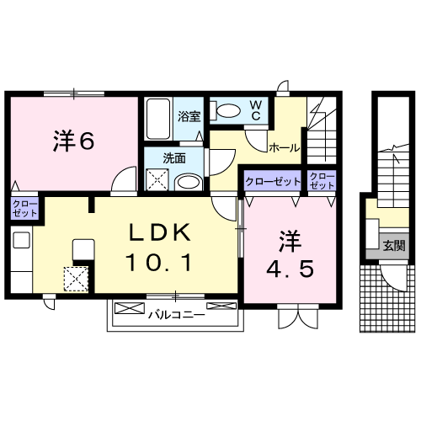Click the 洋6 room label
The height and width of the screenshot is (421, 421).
tap(73, 141)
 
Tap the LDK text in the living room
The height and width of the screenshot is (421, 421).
tap(160, 232)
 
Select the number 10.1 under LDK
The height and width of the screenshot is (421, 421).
tap(159, 262)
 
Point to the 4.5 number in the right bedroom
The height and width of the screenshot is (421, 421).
tap(290, 269)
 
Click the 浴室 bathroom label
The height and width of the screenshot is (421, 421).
tap(189, 116)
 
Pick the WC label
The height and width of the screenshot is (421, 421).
tap(256, 110)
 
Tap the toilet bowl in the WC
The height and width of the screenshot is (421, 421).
tap(226, 110)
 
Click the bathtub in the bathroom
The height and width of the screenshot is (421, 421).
tap(158, 119)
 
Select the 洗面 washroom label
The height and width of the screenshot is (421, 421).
tap(174, 158)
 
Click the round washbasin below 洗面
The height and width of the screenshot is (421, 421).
tap(189, 183)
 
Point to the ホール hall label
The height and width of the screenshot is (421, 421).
tap(285, 148)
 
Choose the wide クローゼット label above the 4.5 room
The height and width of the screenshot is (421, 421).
tap(273, 182)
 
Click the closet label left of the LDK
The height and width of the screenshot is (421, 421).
tap(24, 209)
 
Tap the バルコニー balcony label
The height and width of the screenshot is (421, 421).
tap(177, 315)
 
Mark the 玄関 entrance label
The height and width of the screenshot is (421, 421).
tap(394, 246)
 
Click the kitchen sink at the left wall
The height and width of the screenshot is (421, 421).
tap(22, 240)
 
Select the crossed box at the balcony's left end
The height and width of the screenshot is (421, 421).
tap(130, 308)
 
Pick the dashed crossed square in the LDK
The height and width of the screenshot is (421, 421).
tap(76, 279)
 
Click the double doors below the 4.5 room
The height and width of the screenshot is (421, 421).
tap(298, 317)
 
